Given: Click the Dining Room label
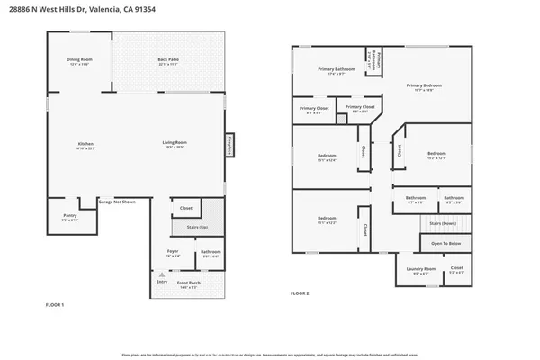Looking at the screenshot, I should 79,60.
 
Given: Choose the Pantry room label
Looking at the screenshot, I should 69,216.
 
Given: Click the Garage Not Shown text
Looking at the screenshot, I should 117,202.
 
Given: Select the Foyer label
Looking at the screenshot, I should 174,252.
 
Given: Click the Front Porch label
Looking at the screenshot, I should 188,283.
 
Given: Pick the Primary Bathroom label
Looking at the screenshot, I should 337,69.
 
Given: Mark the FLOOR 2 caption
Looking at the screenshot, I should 300,293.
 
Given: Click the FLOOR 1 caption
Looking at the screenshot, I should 56,306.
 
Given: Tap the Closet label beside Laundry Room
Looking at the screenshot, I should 456,268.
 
